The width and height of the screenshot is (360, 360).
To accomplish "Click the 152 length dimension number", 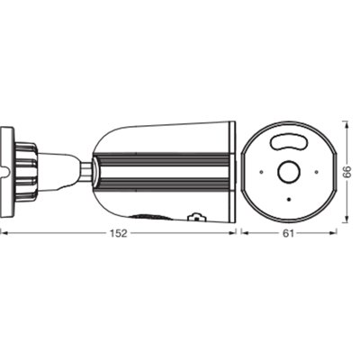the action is pyautogui.click(x=119, y=233).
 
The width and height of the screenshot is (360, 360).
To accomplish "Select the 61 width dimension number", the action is pyautogui.click(x=288, y=233).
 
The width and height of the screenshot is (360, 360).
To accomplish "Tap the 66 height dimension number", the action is pyautogui.click(x=347, y=172).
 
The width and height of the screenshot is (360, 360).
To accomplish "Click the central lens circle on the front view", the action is pyautogui.click(x=289, y=172).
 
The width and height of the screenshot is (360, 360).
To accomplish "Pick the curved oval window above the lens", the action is pyautogui.click(x=290, y=141).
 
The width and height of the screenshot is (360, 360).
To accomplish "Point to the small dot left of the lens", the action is pyautogui.click(x=261, y=172).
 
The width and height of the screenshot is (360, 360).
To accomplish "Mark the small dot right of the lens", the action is pyautogui.click(x=316, y=172).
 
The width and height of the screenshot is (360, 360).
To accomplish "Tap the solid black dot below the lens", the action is pyautogui.click(x=289, y=200).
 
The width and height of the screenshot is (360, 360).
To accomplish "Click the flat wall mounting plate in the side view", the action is pyautogui.click(x=6, y=172).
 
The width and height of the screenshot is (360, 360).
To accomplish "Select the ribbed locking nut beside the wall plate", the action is pyautogui.click(x=26, y=172).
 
